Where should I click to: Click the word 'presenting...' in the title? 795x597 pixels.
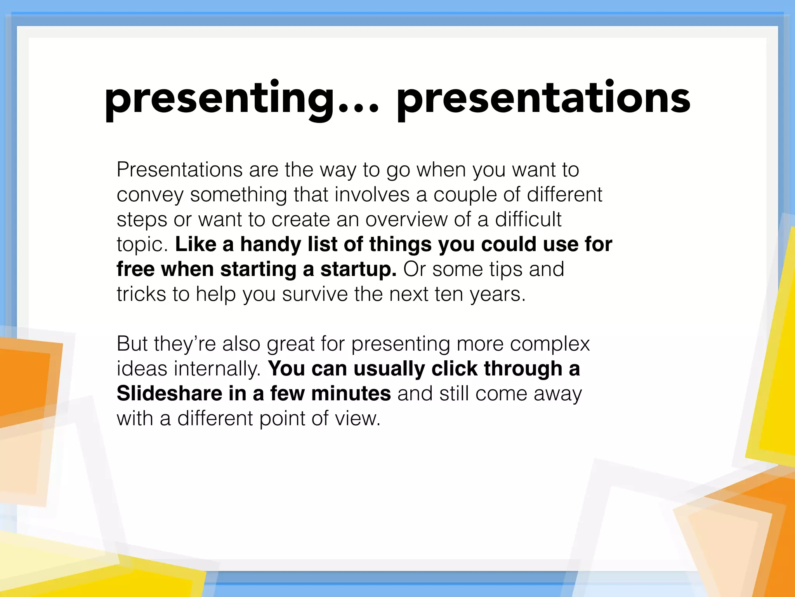[241, 99]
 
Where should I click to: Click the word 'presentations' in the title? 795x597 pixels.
[543, 99]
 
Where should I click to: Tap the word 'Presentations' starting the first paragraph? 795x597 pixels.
[179, 170]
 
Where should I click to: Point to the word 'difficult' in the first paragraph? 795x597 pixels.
[528, 220]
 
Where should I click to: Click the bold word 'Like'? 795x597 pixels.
[196, 244]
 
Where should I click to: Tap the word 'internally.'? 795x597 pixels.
[217, 369]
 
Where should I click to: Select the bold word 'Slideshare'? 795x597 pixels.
[169, 394]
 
